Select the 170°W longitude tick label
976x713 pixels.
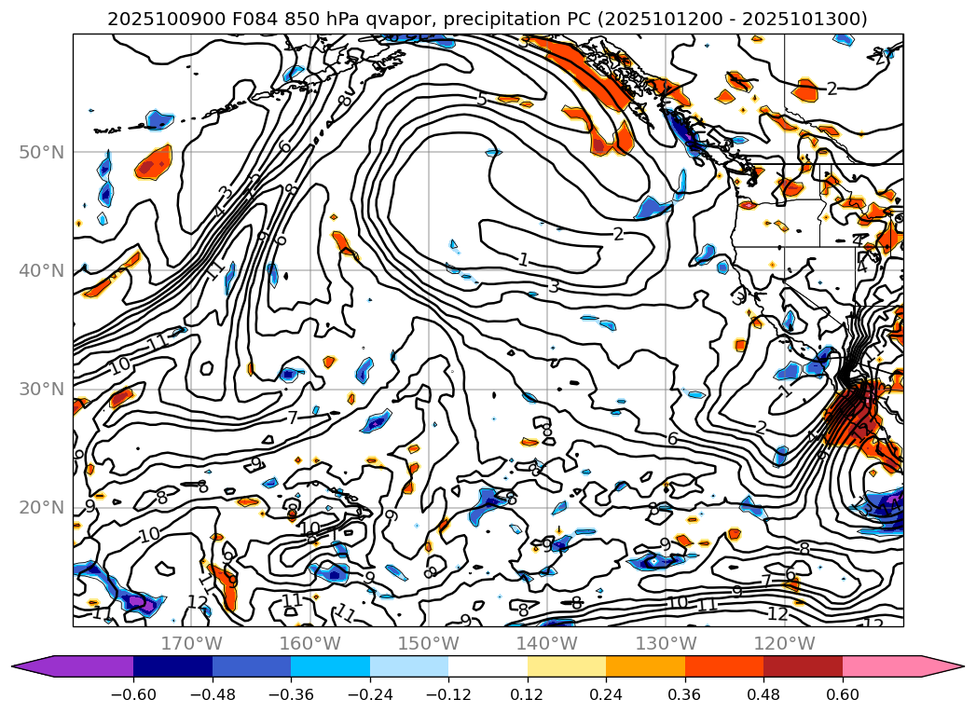(192, 643)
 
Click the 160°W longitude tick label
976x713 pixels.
(310, 643)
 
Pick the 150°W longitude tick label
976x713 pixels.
(429, 643)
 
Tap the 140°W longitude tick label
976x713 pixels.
(547, 643)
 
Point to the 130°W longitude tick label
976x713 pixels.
(666, 643)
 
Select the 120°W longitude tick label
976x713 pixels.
(784, 643)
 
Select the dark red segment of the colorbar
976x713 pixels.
(803, 665)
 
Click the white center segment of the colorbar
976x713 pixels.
(488, 665)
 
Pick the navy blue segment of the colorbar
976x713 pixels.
(172, 665)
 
